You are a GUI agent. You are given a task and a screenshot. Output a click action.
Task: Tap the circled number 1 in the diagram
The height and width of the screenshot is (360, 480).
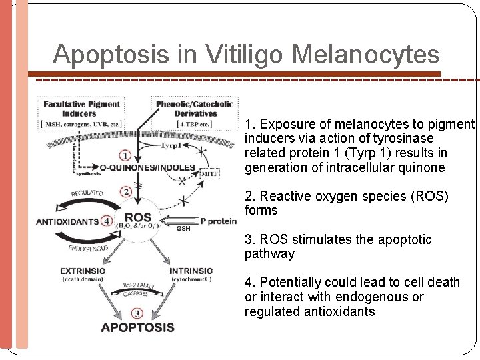pos(125,155)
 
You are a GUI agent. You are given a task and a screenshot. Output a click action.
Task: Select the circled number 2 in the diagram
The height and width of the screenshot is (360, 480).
pos(125,191)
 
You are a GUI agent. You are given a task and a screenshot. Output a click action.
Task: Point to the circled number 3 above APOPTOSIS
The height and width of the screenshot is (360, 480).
pos(137,312)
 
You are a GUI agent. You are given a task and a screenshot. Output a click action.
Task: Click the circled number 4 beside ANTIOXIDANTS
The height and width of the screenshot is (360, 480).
pos(107,221)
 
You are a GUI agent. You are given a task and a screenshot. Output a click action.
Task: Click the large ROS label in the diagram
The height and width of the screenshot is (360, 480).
pos(138,217)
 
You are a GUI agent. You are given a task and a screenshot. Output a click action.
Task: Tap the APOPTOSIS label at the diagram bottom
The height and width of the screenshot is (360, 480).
pos(137,327)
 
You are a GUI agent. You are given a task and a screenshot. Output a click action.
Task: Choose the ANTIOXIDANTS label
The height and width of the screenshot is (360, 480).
pos(67,221)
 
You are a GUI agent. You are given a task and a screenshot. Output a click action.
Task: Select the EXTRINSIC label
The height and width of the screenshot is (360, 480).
pos(83,271)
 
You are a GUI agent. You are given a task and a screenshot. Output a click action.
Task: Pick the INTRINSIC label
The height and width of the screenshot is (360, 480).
pos(191,271)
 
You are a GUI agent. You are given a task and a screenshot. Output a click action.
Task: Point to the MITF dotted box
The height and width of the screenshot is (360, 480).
pos(210,173)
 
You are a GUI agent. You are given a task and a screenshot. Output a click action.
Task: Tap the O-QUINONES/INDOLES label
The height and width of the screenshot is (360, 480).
pos(147,167)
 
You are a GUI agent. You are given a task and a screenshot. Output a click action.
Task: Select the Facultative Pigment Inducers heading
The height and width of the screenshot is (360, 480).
pos(81,109)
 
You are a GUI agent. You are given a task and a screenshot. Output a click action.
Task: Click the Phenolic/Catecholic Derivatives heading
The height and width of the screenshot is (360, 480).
pos(194,109)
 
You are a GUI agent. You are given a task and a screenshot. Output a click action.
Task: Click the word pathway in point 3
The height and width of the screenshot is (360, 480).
pos(269,254)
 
